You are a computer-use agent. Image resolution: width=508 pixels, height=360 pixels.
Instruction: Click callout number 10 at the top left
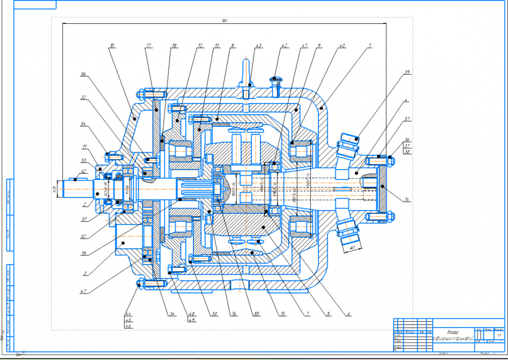pyautogui.click(x=112, y=46)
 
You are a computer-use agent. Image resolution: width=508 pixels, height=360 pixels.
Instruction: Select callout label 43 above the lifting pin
pyautogui.click(x=259, y=46)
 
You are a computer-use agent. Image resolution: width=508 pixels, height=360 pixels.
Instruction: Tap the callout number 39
pyautogui.click(x=407, y=73)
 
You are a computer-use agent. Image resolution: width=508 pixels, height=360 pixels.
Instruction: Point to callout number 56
pyautogui.click(x=84, y=74)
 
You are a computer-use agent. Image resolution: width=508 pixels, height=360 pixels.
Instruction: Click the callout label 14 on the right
pyautogui.click(x=407, y=200)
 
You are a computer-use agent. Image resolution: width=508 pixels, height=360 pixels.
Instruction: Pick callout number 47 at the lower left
pyautogui.click(x=83, y=292)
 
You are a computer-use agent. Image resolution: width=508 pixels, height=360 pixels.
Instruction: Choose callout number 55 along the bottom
pyautogui.click(x=257, y=314)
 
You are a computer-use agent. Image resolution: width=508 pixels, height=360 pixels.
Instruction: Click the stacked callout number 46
pyautogui.click(x=128, y=326)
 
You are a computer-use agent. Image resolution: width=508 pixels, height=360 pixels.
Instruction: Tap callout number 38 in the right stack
pyautogui.click(x=407, y=151)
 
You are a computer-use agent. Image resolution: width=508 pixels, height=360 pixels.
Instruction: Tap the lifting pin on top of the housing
pyautogui.click(x=246, y=71)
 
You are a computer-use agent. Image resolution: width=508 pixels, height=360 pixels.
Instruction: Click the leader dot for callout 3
pyautogui.click(x=122, y=244)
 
